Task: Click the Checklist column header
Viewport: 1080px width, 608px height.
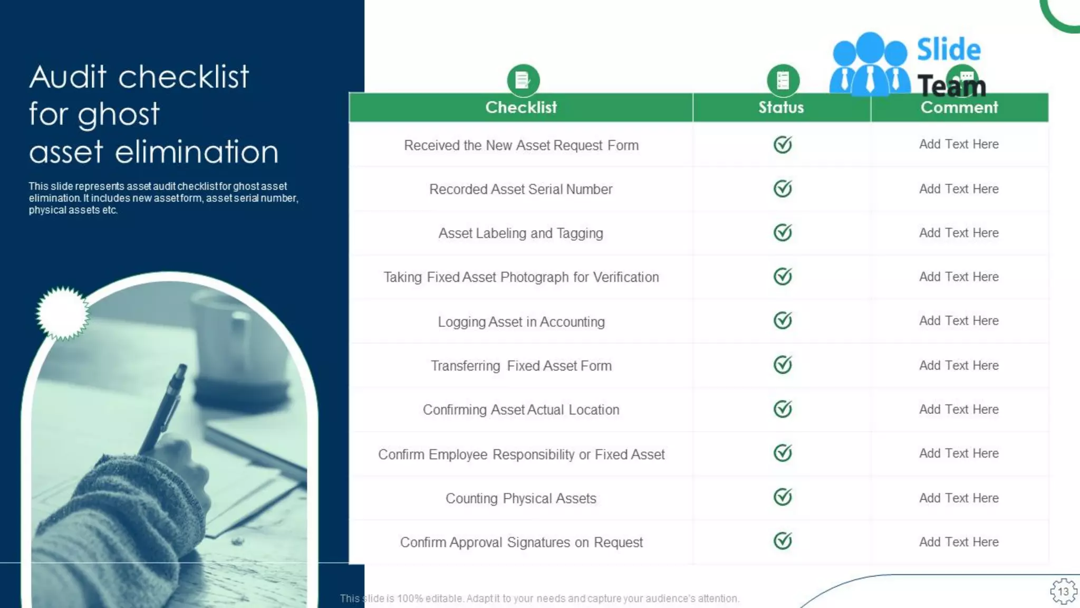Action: [520, 107]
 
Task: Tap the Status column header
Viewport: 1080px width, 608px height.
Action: [781, 107]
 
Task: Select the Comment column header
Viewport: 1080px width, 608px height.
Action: [959, 107]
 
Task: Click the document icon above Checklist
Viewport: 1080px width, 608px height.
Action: [523, 80]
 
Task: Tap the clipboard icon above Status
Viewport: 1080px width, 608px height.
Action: [783, 80]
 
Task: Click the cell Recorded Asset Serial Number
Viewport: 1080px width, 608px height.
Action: [520, 189]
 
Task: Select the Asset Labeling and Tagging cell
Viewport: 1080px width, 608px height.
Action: [520, 233]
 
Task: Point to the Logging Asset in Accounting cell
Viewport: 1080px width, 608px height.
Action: [521, 321]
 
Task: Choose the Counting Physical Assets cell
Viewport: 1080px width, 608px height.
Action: [520, 498]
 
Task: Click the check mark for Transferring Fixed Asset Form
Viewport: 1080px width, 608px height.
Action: [783, 365]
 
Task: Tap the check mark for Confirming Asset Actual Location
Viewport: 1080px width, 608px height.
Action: [783, 409]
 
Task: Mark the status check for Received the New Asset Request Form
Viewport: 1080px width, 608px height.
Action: [783, 145]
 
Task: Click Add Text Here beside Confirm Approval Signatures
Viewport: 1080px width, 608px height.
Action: [959, 542]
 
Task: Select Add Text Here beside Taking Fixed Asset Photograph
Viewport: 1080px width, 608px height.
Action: [959, 277]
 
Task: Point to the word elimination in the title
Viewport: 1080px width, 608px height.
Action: [196, 152]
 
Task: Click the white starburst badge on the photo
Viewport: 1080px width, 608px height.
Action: [63, 313]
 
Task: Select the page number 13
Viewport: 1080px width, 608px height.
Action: [1063, 592]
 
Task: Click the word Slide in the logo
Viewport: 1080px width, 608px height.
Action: [948, 50]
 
